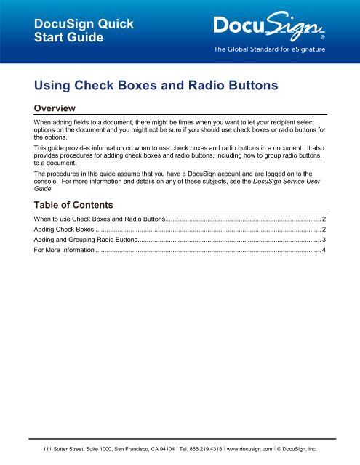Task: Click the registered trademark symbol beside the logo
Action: point(322,36)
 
